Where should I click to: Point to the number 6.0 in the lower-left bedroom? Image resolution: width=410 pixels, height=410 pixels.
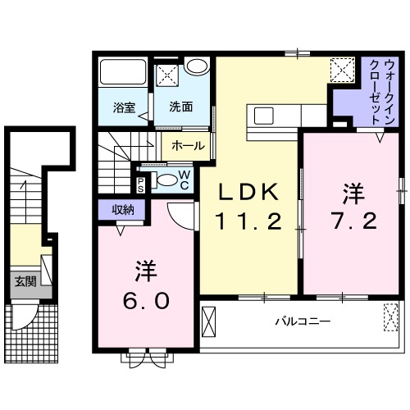coord(148,300)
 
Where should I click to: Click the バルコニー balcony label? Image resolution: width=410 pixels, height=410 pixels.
coord(303,321)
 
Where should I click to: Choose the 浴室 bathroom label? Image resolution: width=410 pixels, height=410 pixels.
coord(124,106)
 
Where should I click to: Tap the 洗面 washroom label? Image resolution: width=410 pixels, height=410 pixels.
coord(181,106)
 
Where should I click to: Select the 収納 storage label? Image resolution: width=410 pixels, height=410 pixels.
coord(123,209)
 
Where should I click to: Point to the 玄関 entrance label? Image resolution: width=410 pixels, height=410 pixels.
coord(25,281)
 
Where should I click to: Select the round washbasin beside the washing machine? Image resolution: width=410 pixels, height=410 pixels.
coord(196,67)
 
